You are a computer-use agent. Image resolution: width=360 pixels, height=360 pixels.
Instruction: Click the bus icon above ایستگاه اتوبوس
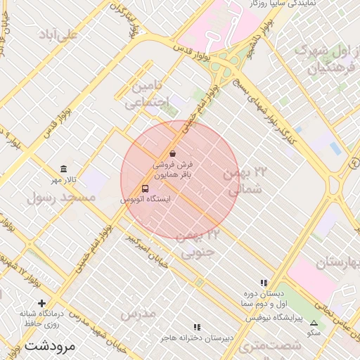pyautogui.click(x=146, y=188)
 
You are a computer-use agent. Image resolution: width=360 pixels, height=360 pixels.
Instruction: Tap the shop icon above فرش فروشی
pyautogui.click(x=173, y=153)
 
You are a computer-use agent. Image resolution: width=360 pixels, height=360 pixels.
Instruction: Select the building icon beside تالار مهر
pyautogui.click(x=64, y=169)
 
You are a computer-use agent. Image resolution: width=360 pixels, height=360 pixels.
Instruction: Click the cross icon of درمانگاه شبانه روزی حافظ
pyautogui.click(x=42, y=303)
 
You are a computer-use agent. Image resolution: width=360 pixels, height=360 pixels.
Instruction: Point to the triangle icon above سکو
pyautogui.click(x=314, y=322)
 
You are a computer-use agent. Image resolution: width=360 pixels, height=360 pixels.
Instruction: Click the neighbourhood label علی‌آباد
pyautogui.click(x=58, y=34)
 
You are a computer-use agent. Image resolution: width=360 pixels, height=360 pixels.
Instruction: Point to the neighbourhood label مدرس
pyautogui.click(x=137, y=314)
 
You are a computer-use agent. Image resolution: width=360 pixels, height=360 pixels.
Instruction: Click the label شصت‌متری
pyautogui.click(x=270, y=345)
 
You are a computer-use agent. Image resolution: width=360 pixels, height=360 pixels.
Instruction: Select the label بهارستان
pyautogui.click(x=337, y=262)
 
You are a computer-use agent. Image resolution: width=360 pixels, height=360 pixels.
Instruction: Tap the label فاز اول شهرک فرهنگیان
pyautogui.click(x=323, y=59)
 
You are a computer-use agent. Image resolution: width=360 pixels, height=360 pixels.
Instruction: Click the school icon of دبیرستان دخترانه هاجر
pyautogui.click(x=197, y=327)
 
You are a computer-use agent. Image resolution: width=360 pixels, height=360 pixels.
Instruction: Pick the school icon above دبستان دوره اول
pyautogui.click(x=264, y=283)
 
